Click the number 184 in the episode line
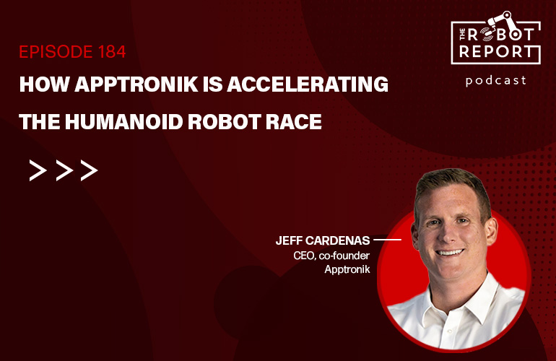pyautogui.click(x=112, y=52)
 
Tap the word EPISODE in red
pyautogui.click(x=56, y=52)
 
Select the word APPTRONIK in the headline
pyautogui.click(x=136, y=84)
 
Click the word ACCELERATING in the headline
pyautogui.click(x=308, y=84)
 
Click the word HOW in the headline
pyautogui.click(x=44, y=84)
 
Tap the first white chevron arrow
pyautogui.click(x=38, y=170)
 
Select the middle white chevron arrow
pyautogui.click(x=64, y=170)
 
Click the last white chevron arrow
pyautogui.click(x=89, y=170)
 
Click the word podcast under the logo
pyautogui.click(x=496, y=81)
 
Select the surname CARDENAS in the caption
pyautogui.click(x=337, y=240)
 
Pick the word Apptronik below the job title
pyautogui.click(x=347, y=269)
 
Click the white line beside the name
pyautogui.click(x=387, y=240)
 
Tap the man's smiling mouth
pyautogui.click(x=450, y=253)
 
